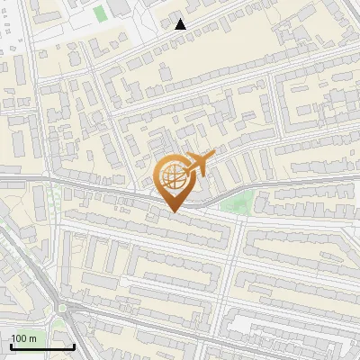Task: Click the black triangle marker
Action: [x=181, y=24]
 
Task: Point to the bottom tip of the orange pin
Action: [x=173, y=212]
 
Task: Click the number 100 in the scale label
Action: [x=20, y=338]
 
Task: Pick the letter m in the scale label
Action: [x=32, y=338]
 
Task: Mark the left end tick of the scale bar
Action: [x=10, y=345]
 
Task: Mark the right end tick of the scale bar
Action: [x=74, y=345]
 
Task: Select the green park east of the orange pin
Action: [x=236, y=203]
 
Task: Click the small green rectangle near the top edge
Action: [x=98, y=14]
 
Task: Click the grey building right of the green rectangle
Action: [x=118, y=8]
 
